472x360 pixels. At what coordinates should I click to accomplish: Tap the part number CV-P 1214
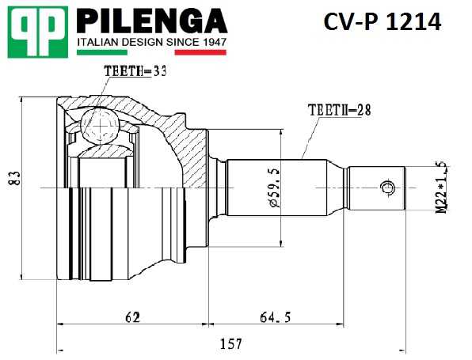tap(381, 22)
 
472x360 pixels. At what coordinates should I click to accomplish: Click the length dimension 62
tap(132, 317)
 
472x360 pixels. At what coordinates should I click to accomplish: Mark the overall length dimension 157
tap(230, 344)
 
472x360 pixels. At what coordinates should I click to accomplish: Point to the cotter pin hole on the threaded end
tap(387, 188)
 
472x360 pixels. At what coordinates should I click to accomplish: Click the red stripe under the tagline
tap(200, 53)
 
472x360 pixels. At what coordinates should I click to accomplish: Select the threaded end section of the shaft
tap(379, 188)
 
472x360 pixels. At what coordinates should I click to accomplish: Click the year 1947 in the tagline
tap(210, 41)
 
